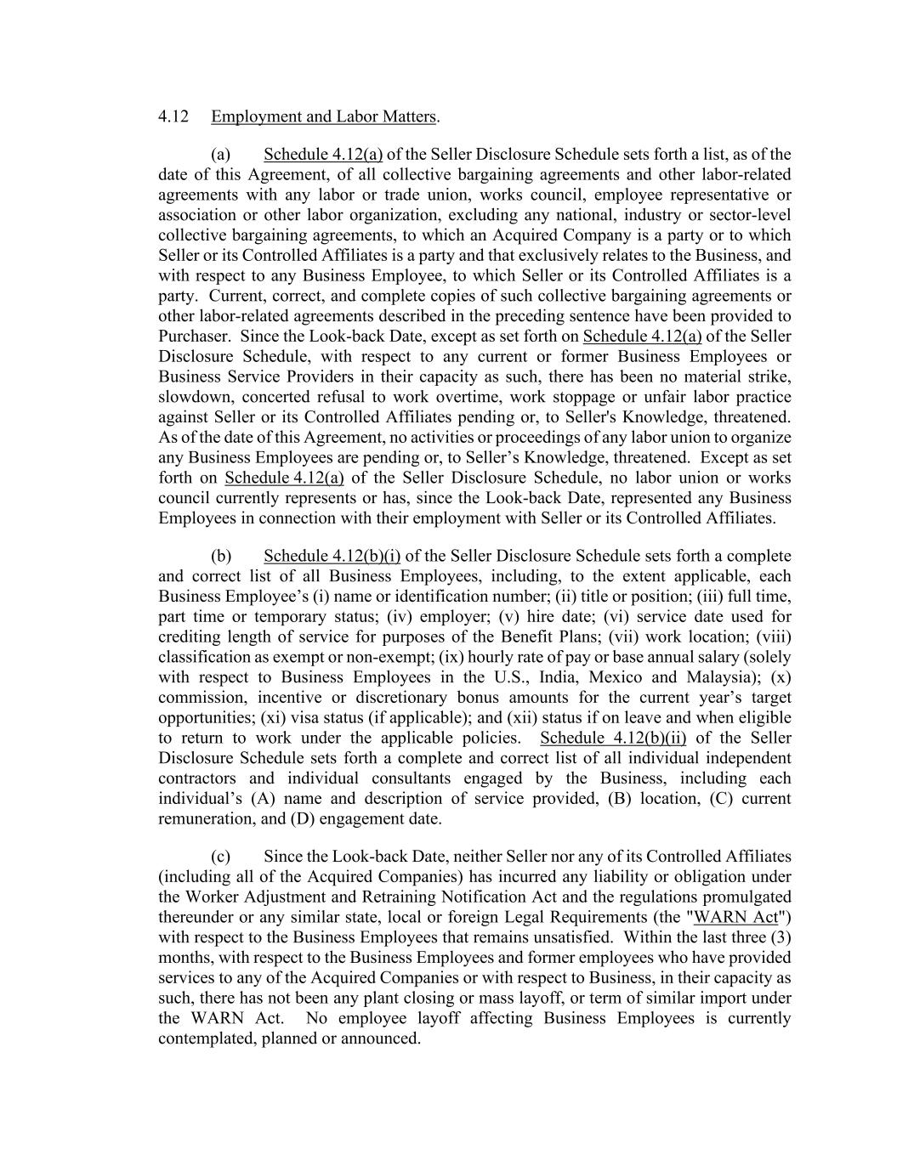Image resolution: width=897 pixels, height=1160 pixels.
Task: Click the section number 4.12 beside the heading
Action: tap(173, 116)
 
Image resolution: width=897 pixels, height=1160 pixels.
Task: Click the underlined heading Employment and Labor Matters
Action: tap(323, 116)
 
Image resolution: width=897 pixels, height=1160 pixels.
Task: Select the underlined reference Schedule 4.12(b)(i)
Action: tap(332, 557)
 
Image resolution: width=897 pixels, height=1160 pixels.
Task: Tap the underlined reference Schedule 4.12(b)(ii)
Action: tap(613, 738)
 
